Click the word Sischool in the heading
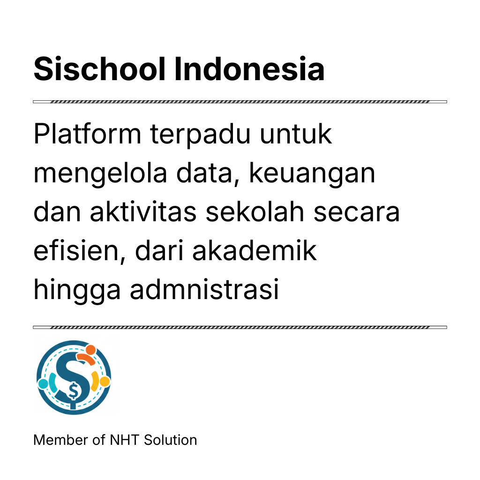99,69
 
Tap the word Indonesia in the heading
249,69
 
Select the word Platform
87,134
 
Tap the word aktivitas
143,211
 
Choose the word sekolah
255,211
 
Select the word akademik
255,250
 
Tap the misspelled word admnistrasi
204,289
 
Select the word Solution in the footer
170,440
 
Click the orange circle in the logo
91,350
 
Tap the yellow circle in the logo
105,382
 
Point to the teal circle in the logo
43,384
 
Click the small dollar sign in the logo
74,391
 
